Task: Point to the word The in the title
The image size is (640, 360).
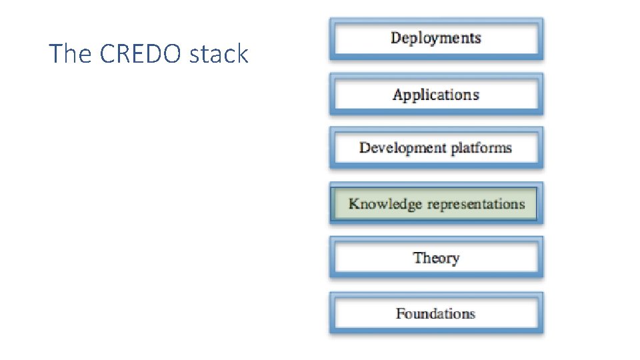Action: pyautogui.click(x=71, y=54)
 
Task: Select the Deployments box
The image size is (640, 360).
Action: pyautogui.click(x=436, y=38)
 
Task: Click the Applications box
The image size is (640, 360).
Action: pyautogui.click(x=436, y=95)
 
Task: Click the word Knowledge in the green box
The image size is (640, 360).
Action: pyautogui.click(x=385, y=204)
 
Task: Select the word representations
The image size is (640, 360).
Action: pyautogui.click(x=476, y=204)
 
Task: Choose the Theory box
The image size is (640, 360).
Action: pyautogui.click(x=436, y=258)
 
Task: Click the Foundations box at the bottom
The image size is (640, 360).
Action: pyautogui.click(x=436, y=313)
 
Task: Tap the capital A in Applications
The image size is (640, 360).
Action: pyautogui.click(x=398, y=95)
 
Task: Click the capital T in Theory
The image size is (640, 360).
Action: pyautogui.click(x=417, y=258)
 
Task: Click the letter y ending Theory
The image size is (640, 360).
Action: pyautogui.click(x=455, y=260)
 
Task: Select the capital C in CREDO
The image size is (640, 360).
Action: pyautogui.click(x=107, y=54)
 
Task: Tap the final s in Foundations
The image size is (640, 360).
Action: pyautogui.click(x=472, y=314)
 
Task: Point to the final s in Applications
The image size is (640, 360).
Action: pyautogui.click(x=475, y=95)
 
